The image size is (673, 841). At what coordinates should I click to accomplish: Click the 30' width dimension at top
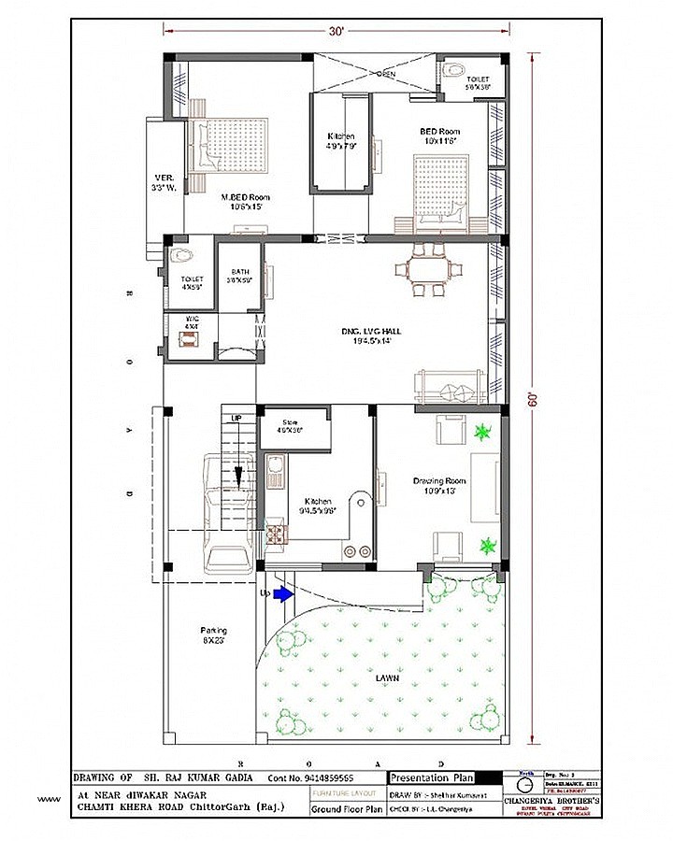[336, 31]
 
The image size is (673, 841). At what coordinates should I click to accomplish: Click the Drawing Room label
[439, 486]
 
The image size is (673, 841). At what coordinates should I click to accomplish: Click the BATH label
[241, 277]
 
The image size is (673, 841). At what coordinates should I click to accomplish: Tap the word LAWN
[387, 678]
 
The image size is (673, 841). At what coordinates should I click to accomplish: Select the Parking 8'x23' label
[213, 635]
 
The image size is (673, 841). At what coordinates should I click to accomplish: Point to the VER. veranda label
[165, 183]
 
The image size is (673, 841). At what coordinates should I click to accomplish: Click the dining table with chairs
[429, 270]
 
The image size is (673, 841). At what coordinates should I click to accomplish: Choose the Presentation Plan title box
[431, 777]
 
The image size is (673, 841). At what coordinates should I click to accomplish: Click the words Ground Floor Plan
[347, 807]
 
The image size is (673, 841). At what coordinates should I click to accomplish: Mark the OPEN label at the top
[386, 74]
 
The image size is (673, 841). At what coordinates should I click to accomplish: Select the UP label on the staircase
[236, 418]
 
